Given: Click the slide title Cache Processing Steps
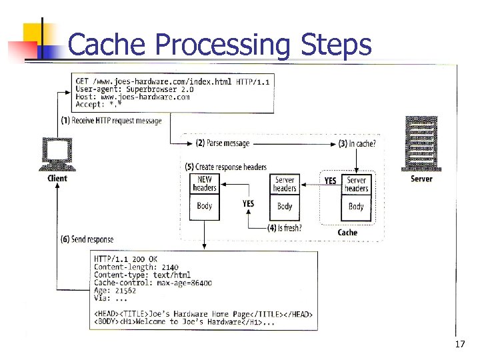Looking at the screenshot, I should click(219, 45).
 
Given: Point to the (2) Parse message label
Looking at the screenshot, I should click(223, 143).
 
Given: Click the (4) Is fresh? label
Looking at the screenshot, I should click(285, 227).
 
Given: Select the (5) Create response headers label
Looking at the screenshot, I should click(226, 167).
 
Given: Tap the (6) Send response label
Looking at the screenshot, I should click(87, 239).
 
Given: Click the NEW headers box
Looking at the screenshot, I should click(205, 184).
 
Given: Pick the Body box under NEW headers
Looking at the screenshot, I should click(205, 206).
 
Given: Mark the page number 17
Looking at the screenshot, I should click(459, 344).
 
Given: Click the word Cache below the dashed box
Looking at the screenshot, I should click(347, 233).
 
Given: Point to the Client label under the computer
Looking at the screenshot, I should click(57, 178).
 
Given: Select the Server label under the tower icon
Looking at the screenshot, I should click(421, 178).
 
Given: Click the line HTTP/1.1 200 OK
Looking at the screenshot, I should click(126, 259).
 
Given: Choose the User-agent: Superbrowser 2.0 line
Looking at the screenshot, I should click(135, 89).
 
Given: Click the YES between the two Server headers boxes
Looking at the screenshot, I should click(330, 181).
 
